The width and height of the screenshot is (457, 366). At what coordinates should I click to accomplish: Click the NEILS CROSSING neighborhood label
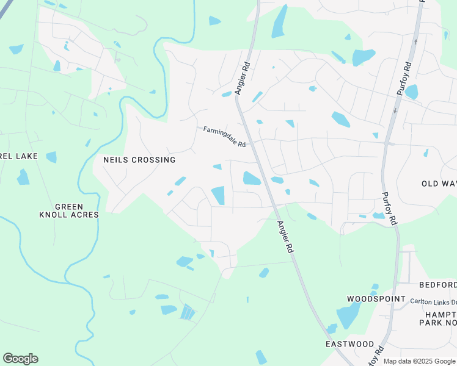coord(139,160)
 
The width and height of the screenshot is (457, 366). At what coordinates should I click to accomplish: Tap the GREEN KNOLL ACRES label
coord(69,210)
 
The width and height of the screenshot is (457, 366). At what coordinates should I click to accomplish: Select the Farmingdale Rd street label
coord(224,137)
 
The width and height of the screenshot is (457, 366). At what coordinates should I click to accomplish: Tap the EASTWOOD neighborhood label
coord(349,344)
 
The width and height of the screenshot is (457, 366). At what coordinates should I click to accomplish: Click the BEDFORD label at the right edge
coord(437,285)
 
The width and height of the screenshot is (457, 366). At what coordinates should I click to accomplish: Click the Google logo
coord(20,359)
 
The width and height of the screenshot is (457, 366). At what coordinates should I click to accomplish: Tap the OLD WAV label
coord(439,184)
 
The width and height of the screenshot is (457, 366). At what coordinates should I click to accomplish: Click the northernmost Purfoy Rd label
coord(406,76)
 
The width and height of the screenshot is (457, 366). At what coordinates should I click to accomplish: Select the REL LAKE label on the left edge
coord(19,156)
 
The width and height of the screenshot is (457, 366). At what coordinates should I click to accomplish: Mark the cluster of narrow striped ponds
coord(188,312)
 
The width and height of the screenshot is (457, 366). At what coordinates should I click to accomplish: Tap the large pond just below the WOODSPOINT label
coord(348,315)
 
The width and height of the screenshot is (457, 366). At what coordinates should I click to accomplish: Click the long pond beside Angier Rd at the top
coord(280,21)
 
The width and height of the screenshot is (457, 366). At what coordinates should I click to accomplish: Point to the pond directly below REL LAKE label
coord(23,177)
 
